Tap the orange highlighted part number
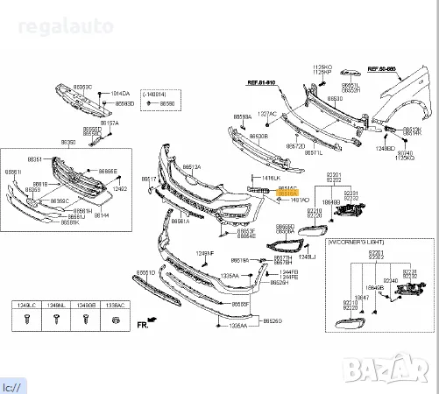287,191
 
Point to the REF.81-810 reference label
259,82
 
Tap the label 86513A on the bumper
191,167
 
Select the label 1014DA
119,93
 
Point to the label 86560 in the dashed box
167,103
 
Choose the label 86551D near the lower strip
145,273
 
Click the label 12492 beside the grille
121,188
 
